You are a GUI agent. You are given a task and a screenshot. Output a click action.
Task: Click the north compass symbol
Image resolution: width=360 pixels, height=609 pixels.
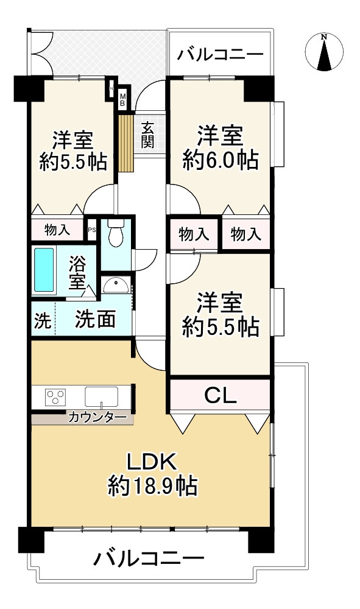coord(324,52)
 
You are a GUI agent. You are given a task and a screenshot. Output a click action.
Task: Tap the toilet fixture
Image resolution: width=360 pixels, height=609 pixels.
coord(116,232)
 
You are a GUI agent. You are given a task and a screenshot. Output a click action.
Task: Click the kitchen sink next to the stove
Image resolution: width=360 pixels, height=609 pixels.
coord(101,397)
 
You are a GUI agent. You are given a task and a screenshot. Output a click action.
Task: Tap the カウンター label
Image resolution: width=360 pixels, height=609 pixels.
coord(97,418)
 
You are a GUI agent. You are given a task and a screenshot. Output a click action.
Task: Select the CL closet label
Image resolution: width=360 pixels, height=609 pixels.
coord(220,396)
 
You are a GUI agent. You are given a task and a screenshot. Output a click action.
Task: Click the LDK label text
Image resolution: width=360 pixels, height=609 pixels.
coord(153,462)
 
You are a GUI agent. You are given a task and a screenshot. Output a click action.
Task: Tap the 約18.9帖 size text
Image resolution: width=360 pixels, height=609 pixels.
coord(153,485)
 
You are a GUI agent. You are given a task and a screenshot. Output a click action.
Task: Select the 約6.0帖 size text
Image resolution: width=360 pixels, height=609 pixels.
coord(220,159)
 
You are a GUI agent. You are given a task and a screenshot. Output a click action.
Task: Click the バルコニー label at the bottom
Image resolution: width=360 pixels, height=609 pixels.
coord(149,559)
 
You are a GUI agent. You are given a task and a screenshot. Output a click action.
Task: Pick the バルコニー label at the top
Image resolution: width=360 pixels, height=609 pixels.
coord(220,55)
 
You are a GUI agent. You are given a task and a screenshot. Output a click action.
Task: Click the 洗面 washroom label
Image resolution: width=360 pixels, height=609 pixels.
coord(95,319)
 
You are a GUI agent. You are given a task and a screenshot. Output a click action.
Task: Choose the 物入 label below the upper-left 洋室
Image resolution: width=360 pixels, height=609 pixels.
coord(57,230)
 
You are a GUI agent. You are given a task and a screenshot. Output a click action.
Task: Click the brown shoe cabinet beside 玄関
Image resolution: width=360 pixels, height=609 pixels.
coord(126,143)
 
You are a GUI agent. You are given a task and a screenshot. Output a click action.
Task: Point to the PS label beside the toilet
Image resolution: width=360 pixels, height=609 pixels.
coord(91,230)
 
